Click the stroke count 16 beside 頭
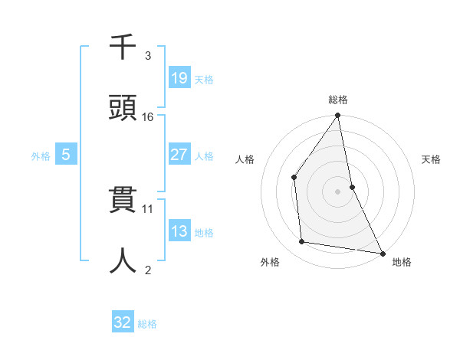pos(148,117)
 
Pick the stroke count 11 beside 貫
pos(148,208)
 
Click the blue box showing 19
pos(179,77)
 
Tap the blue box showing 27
pos(179,155)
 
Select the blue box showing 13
pos(179,231)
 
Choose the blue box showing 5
pos(66,155)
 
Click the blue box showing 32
pos(123,322)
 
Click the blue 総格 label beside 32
pos(147,324)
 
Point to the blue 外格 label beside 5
pos(41,156)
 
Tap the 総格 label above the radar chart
pos(338,100)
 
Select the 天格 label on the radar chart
pos(431,159)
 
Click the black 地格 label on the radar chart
pos(402,263)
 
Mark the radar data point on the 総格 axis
pos(338,116)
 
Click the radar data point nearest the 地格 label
pos(382,253)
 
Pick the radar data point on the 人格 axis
pos(294,178)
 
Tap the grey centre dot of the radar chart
pos(338,191)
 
